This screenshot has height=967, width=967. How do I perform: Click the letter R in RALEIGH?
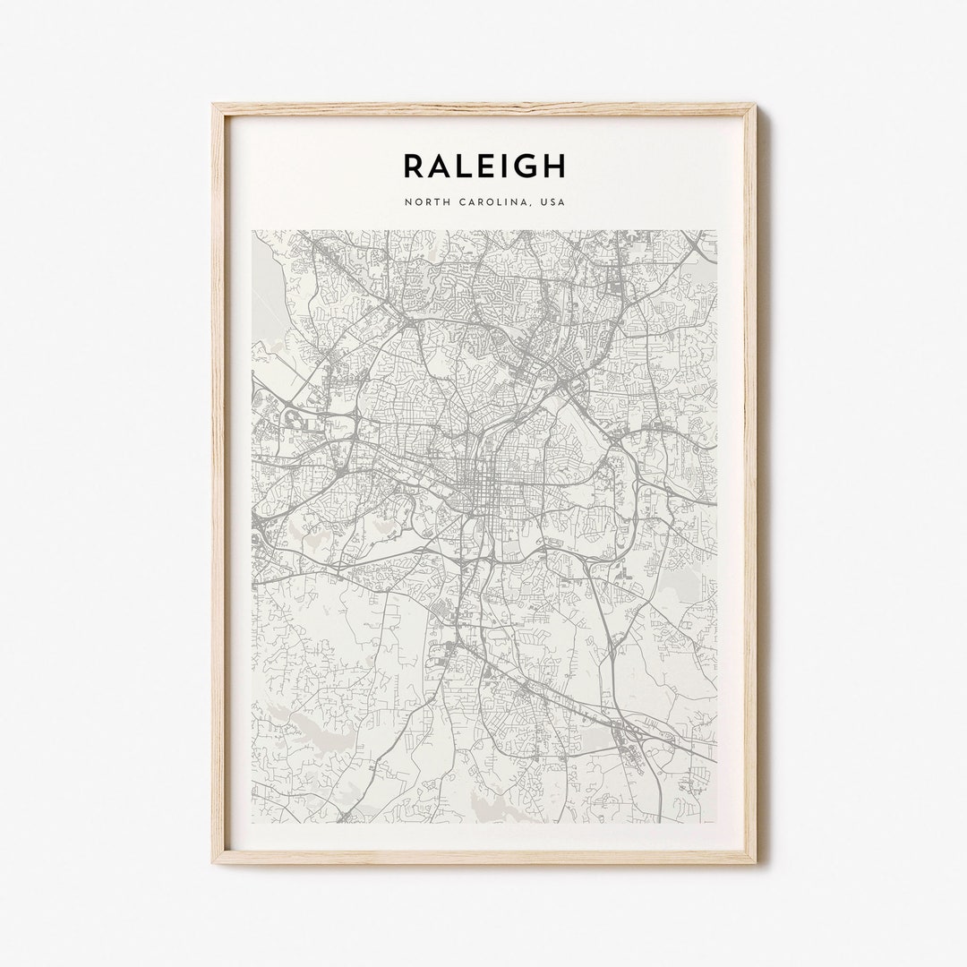coord(413,166)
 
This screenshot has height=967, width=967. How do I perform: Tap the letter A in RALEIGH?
coord(439,166)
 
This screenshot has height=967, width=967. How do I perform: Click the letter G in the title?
coord(525,166)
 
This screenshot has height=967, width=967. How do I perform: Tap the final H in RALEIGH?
coord(554,166)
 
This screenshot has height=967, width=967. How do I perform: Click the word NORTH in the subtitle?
coord(424,202)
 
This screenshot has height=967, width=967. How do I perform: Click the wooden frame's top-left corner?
coord(215,107)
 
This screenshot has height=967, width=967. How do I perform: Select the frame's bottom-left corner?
coord(215,861)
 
